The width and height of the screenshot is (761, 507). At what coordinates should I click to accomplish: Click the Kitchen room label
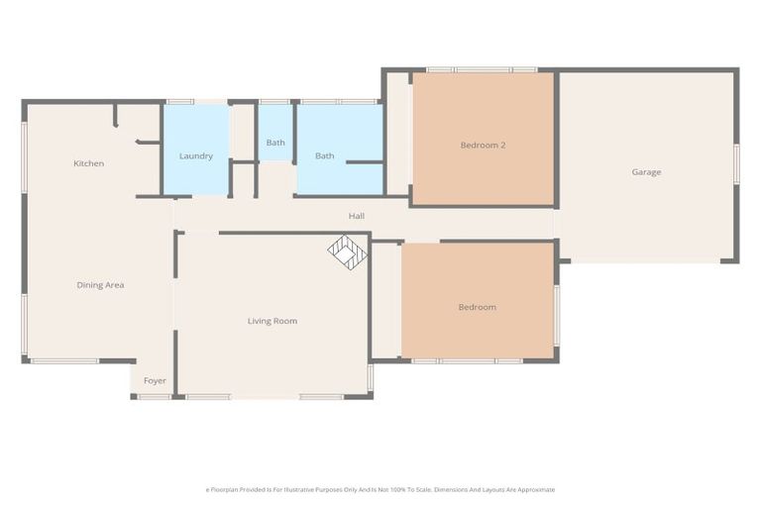(88, 163)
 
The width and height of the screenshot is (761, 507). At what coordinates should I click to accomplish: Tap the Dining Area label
(100, 285)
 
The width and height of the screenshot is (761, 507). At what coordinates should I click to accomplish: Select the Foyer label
(155, 380)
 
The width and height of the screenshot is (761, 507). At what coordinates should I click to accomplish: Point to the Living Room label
(272, 321)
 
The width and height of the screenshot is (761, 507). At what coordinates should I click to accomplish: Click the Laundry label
(195, 156)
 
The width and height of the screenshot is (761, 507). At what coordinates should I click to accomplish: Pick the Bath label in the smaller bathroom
(274, 143)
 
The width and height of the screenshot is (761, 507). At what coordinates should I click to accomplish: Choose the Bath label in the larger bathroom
(324, 156)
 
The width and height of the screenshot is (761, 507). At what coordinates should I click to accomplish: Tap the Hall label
(356, 215)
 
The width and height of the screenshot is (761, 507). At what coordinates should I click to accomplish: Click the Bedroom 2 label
(483, 146)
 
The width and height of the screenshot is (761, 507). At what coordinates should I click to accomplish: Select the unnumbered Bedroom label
(477, 307)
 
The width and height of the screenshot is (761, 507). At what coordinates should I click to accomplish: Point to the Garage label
(646, 172)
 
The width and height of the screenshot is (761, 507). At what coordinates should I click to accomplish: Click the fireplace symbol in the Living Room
(347, 252)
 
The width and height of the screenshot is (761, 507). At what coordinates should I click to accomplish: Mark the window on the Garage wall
(736, 163)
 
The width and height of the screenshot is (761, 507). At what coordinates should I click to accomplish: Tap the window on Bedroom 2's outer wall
(482, 69)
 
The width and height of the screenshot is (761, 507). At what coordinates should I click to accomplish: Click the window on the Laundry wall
(180, 101)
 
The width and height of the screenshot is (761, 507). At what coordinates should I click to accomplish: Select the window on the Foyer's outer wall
(154, 397)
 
